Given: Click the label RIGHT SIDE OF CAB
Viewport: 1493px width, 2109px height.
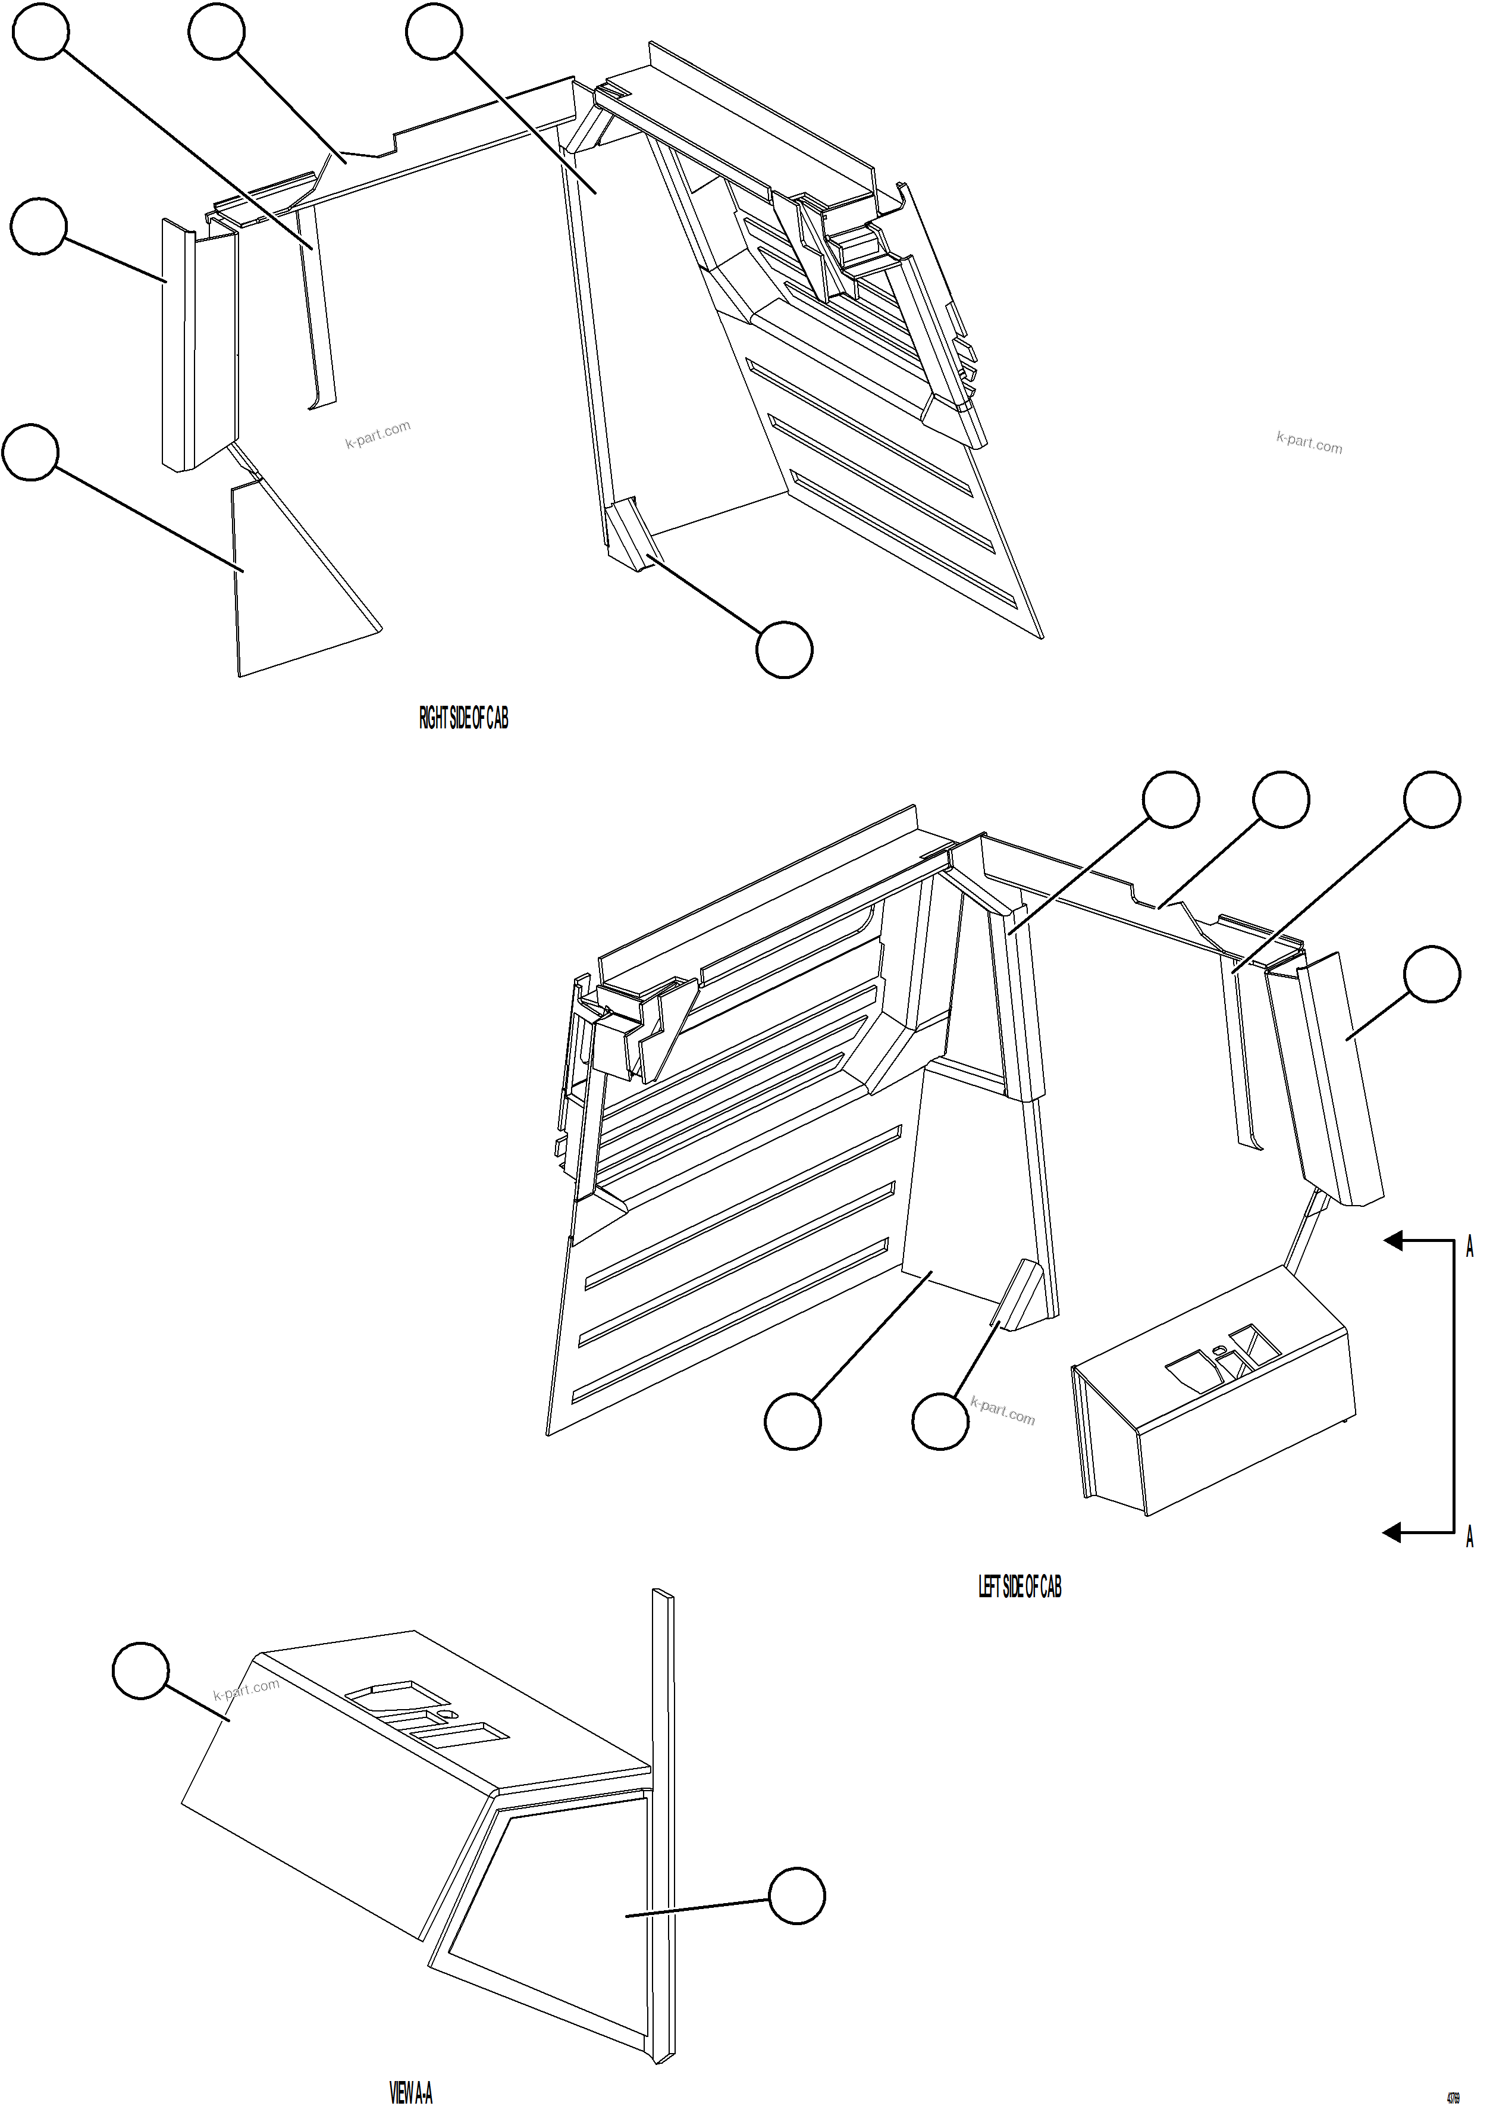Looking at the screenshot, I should [463, 718].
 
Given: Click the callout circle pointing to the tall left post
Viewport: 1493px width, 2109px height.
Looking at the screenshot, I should [39, 226].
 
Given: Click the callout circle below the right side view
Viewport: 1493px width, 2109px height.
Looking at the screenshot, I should [784, 649].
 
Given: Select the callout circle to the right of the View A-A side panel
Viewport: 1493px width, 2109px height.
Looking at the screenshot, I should [796, 1895].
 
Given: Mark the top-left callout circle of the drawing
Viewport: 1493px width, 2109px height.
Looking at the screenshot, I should [40, 32].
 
